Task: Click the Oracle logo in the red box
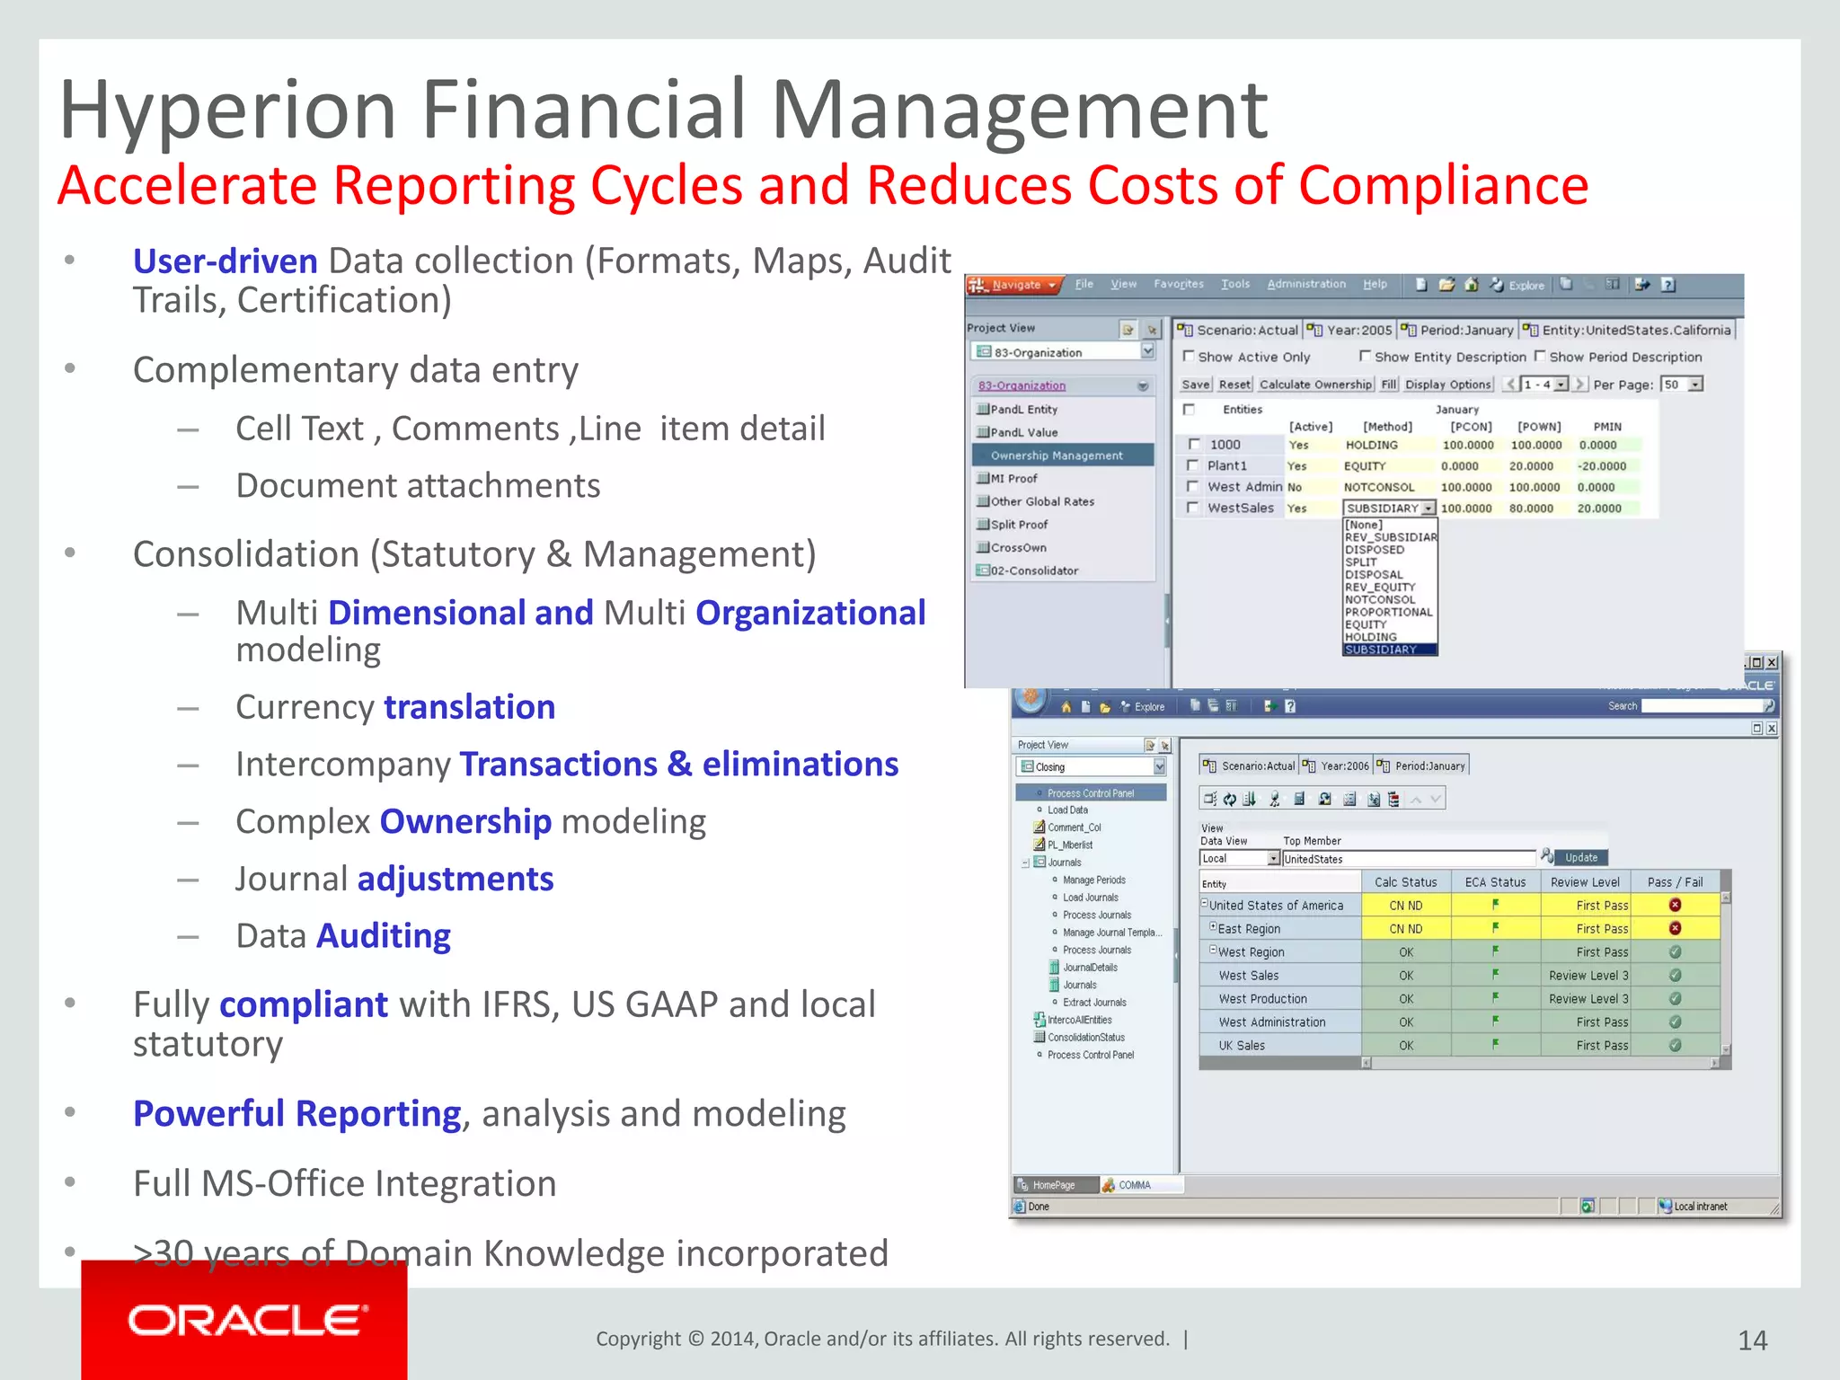pyautogui.click(x=247, y=1321)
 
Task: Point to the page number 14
pyautogui.click(x=1752, y=1340)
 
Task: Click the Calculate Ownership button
pyautogui.click(x=1315, y=385)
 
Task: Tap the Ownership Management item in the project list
pyautogui.click(x=1057, y=456)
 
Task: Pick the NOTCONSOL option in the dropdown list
pyautogui.click(x=1381, y=599)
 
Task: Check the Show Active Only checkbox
pyautogui.click(x=1189, y=357)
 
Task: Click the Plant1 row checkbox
pyautogui.click(x=1192, y=465)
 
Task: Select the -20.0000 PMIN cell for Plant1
pyautogui.click(x=1602, y=466)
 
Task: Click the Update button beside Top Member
pyautogui.click(x=1581, y=857)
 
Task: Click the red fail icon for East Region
pyautogui.click(x=1675, y=928)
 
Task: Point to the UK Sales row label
pyautogui.click(x=1242, y=1046)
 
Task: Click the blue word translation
pyautogui.click(x=469, y=707)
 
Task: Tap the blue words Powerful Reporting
pyautogui.click(x=296, y=1113)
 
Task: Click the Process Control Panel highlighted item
pyautogui.click(x=1091, y=793)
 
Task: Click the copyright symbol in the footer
pyautogui.click(x=695, y=1339)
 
